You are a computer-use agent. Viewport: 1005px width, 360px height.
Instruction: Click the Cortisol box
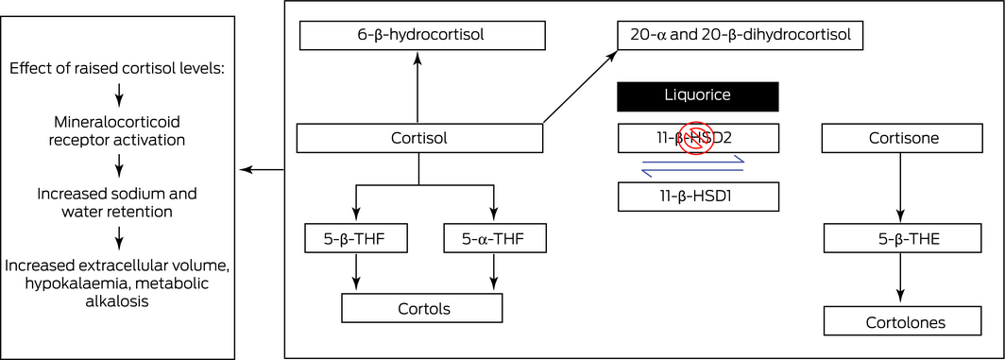tap(419, 138)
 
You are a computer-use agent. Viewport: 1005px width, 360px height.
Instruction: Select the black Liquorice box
tap(698, 96)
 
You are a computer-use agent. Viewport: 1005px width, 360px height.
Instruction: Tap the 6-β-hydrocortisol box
tap(422, 35)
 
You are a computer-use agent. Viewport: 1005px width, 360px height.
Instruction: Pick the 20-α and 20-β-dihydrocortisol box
tap(741, 35)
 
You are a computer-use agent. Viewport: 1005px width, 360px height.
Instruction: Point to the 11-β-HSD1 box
tap(698, 197)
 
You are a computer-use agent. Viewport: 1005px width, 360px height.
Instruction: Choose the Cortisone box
tap(902, 138)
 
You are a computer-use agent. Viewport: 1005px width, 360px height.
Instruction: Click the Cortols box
tap(421, 308)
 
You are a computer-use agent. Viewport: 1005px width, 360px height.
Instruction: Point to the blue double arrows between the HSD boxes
tap(693, 166)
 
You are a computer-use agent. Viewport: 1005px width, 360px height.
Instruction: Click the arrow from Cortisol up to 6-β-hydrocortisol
tap(417, 87)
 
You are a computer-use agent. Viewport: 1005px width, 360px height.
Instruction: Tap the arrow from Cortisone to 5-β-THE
tap(901, 187)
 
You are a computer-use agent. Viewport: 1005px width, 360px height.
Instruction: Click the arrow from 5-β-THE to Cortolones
tap(901, 279)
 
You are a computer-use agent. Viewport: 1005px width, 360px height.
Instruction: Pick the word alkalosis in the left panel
tap(117, 300)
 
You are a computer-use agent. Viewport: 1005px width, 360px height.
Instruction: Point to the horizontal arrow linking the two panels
tap(262, 169)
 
